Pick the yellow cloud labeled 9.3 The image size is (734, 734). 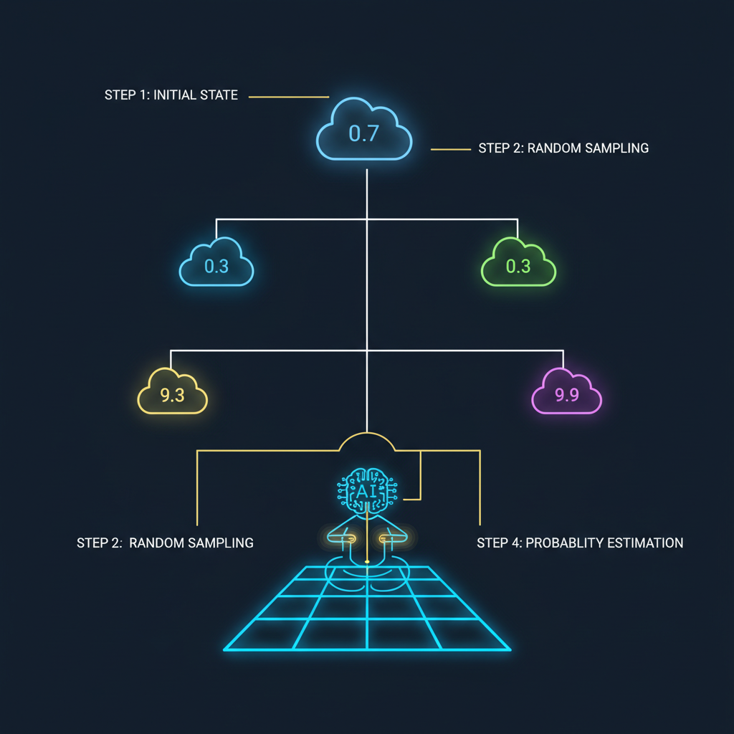172,394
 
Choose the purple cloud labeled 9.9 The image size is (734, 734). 566,394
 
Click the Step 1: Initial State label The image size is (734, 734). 171,95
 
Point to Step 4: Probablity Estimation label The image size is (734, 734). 580,543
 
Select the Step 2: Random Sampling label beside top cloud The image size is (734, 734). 563,148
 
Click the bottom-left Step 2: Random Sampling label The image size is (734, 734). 165,543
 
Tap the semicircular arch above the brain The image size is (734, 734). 367,440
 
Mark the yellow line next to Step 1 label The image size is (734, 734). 288,97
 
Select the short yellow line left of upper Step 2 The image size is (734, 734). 449,149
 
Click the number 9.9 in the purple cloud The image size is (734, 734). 566,396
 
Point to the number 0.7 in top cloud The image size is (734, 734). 363,133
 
